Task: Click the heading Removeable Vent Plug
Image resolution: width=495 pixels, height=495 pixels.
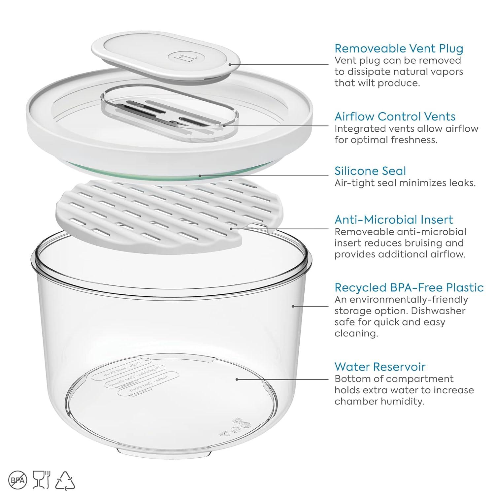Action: [x=399, y=49]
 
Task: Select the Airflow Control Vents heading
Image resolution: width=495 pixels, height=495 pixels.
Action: [x=395, y=116]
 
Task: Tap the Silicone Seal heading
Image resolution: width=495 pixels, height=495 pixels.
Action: [x=370, y=171]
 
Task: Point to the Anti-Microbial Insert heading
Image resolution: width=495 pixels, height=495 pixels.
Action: [x=394, y=220]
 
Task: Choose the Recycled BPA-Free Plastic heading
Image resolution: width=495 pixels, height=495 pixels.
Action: [x=409, y=288]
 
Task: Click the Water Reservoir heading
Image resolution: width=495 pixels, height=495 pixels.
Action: [x=380, y=367]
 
